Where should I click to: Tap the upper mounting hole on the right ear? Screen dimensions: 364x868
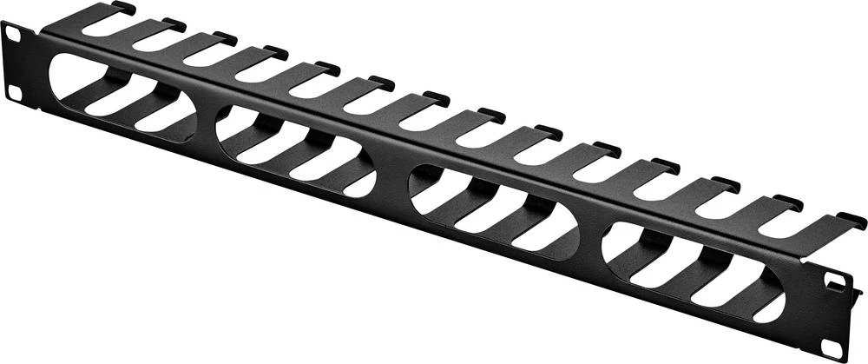(836, 282)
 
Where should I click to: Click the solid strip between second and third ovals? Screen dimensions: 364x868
(391, 178)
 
